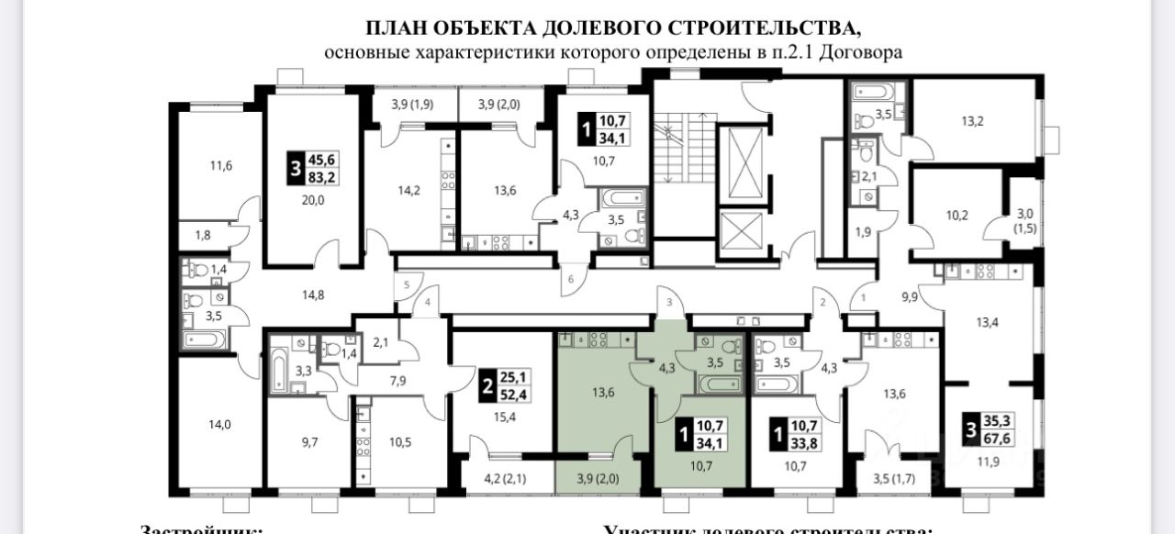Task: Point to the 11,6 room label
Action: (221, 166)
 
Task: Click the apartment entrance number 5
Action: (406, 284)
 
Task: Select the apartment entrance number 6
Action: (570, 279)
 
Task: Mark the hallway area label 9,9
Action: (910, 296)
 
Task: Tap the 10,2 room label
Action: (958, 218)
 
